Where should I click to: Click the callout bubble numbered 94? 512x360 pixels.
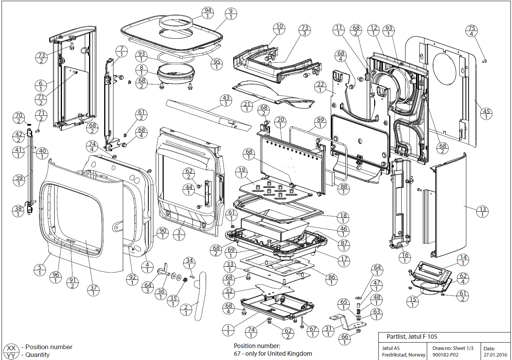pos(208,13)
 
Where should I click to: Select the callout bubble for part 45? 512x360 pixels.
pos(486,114)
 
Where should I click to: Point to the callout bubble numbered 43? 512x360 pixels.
pos(225,101)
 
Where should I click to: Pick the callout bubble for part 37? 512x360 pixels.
pos(93,290)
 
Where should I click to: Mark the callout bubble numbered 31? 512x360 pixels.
pos(328,331)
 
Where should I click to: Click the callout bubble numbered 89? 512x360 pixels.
pos(320,123)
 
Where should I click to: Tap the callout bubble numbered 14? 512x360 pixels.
pos(463,260)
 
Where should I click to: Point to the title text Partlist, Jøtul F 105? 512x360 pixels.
pos(412,337)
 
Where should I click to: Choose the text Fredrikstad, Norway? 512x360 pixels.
pos(404,354)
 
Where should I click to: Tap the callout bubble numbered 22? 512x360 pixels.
pos(320,87)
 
